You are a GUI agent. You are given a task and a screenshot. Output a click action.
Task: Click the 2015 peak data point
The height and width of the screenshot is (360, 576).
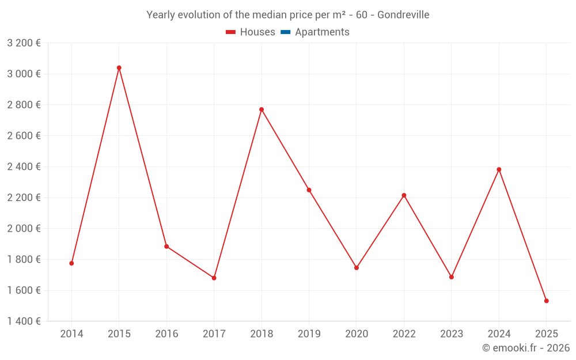pyautogui.click(x=119, y=68)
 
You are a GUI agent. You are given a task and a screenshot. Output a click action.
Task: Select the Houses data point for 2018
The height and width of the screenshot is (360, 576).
pyautogui.click(x=262, y=109)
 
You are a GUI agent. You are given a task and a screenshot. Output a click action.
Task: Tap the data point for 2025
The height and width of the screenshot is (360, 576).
pyautogui.click(x=546, y=301)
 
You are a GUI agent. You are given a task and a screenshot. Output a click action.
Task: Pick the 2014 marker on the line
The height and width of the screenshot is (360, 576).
pyautogui.click(x=71, y=263)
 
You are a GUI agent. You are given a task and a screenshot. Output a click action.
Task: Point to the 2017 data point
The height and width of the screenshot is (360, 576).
pyautogui.click(x=214, y=278)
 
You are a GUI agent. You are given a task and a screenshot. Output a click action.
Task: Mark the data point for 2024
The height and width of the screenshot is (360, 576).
pyautogui.click(x=499, y=169)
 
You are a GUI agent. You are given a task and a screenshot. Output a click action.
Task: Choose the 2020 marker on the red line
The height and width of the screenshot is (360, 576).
pyautogui.click(x=357, y=268)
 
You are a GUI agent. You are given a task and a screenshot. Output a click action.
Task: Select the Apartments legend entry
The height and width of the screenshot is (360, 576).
pyautogui.click(x=322, y=32)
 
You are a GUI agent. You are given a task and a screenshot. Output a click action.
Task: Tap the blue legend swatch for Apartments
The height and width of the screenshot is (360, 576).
pyautogui.click(x=285, y=32)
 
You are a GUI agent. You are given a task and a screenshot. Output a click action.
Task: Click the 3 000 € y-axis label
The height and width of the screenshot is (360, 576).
pyautogui.click(x=24, y=74)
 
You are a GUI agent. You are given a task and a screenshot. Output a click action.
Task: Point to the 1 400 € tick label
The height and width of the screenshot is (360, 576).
pyautogui.click(x=24, y=321)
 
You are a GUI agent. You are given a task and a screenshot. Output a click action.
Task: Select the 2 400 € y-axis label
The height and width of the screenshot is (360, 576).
pyautogui.click(x=24, y=166)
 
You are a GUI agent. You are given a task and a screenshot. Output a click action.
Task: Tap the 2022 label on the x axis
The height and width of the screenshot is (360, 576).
pyautogui.click(x=404, y=334)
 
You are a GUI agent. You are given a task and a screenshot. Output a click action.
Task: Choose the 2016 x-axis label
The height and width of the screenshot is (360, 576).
pyautogui.click(x=166, y=334)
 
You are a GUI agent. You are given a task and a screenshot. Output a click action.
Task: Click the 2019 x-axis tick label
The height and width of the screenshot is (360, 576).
pyautogui.click(x=309, y=334)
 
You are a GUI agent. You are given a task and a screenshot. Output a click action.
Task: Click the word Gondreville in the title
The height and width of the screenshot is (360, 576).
pyautogui.click(x=403, y=15)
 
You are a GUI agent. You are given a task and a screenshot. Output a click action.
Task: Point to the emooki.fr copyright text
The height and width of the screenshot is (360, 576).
pyautogui.click(x=526, y=348)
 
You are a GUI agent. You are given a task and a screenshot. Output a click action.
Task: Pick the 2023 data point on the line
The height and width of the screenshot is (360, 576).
pyautogui.click(x=452, y=277)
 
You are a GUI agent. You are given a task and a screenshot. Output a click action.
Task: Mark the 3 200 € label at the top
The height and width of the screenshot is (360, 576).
pyautogui.click(x=24, y=43)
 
